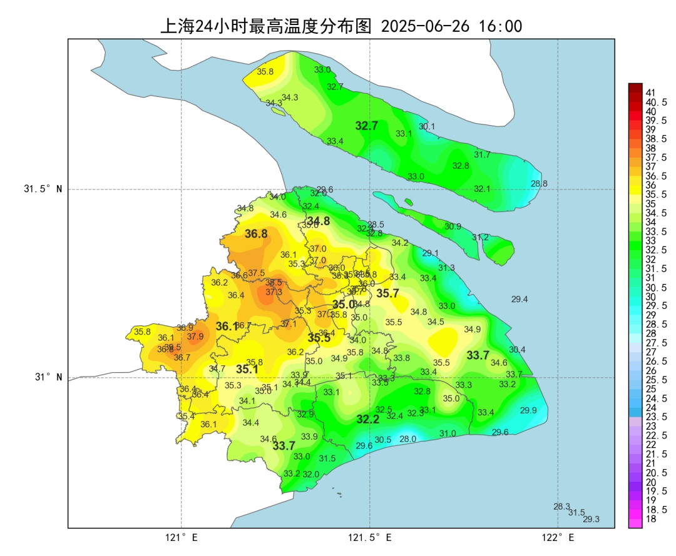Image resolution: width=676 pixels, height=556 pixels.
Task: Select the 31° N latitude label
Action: pyautogui.click(x=47, y=377)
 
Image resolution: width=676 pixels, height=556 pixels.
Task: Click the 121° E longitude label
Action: pyautogui.click(x=182, y=537)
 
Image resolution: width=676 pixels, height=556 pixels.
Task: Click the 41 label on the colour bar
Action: pyautogui.click(x=650, y=93)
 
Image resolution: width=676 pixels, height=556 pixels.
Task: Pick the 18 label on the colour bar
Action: pyautogui.click(x=650, y=518)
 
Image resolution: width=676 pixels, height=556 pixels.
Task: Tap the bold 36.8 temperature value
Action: pyautogui.click(x=256, y=234)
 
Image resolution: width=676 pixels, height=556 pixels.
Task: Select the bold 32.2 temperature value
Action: pyautogui.click(x=368, y=420)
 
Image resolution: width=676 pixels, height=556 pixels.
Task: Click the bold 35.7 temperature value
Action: pyautogui.click(x=387, y=293)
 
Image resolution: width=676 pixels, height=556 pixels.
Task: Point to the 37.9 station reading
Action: pyautogui.click(x=195, y=336)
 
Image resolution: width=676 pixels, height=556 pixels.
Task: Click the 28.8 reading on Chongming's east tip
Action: pyautogui.click(x=539, y=184)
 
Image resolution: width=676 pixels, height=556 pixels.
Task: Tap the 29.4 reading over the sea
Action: pyautogui.click(x=520, y=300)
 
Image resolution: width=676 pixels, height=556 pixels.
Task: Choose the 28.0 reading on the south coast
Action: pyautogui.click(x=407, y=440)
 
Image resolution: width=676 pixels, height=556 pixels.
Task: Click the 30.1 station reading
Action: pyautogui.click(x=427, y=126)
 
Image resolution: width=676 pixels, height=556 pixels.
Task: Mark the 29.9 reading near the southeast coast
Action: pyautogui.click(x=528, y=410)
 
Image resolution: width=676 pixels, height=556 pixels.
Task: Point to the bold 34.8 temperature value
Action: pyautogui.click(x=318, y=221)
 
